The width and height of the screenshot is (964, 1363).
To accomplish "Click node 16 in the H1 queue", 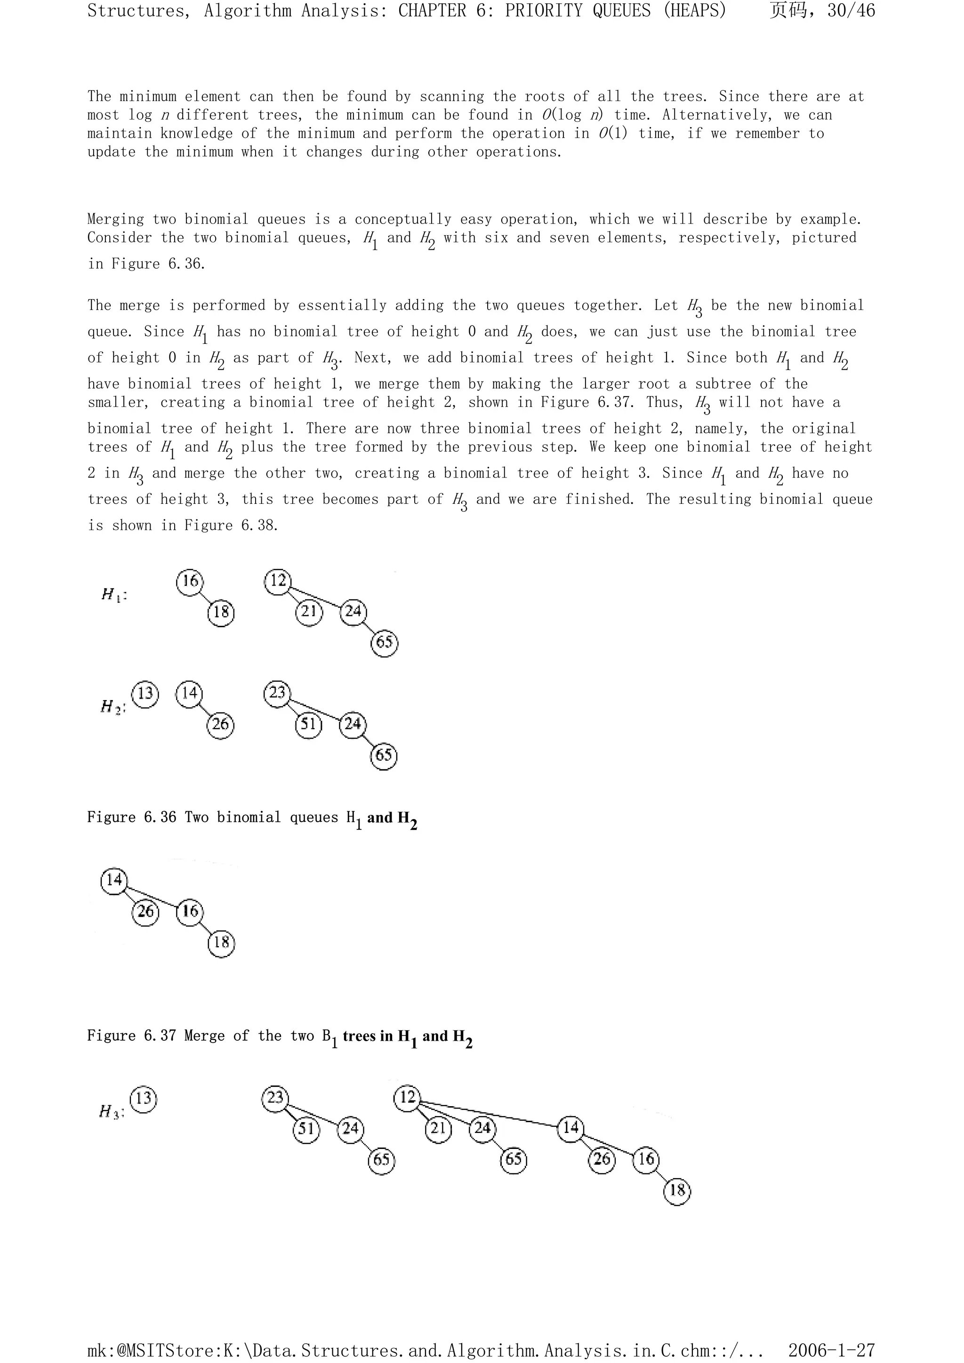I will coord(190,581).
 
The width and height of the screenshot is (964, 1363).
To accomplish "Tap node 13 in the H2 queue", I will coord(145,693).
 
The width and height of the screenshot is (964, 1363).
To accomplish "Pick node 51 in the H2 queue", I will coord(308,724).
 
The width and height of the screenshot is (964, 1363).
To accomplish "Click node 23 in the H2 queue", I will coord(277,693).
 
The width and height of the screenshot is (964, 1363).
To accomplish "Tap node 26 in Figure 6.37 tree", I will coord(145,911).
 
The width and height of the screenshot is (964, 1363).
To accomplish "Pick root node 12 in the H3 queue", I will coord(408,1096).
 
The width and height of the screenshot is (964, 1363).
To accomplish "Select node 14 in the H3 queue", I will coord(571,1127).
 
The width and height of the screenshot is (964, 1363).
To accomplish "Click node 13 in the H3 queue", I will coord(144,1098).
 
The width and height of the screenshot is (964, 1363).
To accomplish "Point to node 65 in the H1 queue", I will coord(384,642).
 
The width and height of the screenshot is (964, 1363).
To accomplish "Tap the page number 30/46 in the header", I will coord(851,11).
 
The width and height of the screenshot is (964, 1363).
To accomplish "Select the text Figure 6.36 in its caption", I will coord(132,817).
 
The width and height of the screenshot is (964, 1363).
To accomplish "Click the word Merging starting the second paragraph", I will coord(115,219).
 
